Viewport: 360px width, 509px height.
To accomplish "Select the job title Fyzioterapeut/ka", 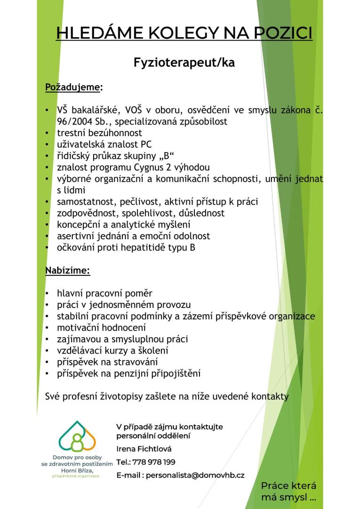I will (184, 62).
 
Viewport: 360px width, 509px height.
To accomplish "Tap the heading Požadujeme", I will (72, 87).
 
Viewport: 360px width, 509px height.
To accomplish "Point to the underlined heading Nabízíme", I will (67, 271).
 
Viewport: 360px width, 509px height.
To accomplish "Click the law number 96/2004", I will (75, 121).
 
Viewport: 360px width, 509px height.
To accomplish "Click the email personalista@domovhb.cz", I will (195, 475).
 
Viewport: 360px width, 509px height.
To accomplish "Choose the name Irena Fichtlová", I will (144, 449).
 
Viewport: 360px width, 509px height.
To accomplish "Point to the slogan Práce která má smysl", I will (288, 491).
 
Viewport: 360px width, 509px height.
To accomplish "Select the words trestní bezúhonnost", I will (99, 133).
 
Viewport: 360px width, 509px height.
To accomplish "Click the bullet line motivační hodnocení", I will (101, 327).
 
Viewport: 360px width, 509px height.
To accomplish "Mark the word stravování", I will (134, 362).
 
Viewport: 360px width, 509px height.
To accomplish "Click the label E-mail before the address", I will (129, 475).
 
